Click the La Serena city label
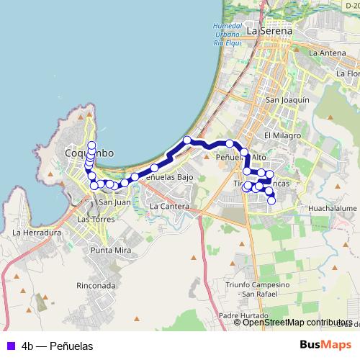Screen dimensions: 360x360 coord(269,32)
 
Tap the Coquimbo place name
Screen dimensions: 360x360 coord(89,153)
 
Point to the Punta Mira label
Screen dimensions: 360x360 coord(110,250)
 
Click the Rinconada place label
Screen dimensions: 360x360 coord(96,285)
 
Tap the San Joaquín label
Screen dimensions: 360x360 coord(287,100)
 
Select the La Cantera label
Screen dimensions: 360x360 coord(169,207)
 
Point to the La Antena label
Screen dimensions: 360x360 coord(328,53)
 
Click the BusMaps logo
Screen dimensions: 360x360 coord(327,346)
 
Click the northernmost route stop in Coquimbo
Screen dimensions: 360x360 coord(91,145)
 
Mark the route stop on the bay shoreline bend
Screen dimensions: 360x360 coord(187,140)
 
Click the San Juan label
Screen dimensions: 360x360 coord(114,202)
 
